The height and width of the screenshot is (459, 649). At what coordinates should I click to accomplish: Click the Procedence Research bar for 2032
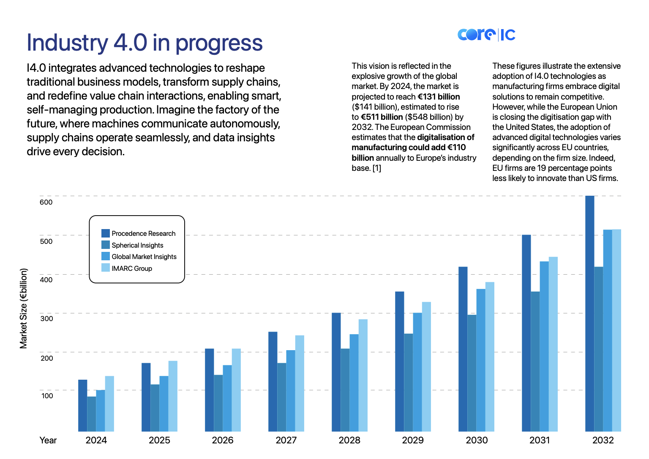click(589, 313)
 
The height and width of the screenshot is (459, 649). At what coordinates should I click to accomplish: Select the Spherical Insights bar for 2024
click(92, 414)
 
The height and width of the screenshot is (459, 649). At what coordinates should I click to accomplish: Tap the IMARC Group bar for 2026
click(236, 390)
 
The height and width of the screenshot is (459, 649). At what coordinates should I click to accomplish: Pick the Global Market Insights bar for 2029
click(417, 372)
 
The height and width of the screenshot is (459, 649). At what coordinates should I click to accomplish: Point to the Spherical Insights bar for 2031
click(535, 362)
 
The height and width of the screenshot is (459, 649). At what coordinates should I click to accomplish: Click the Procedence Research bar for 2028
click(336, 372)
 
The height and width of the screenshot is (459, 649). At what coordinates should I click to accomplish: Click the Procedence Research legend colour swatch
click(106, 233)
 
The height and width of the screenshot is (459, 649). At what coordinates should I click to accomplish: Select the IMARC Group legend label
click(132, 268)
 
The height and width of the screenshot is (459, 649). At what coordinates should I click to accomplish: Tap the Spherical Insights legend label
click(137, 245)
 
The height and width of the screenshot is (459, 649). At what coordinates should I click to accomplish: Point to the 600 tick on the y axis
click(46, 202)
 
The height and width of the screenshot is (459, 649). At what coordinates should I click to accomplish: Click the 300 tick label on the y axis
click(46, 319)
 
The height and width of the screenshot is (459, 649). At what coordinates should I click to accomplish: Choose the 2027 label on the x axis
click(286, 440)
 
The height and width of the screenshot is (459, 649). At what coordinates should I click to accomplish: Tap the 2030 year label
click(477, 440)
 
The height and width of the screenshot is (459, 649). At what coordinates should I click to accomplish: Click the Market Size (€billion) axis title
click(23, 308)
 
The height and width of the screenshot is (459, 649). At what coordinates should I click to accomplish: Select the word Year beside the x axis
click(48, 440)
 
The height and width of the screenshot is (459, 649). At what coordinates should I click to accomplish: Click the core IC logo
click(486, 35)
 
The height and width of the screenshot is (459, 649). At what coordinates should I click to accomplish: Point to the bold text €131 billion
click(439, 97)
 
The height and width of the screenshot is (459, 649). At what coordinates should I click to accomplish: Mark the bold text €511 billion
click(382, 117)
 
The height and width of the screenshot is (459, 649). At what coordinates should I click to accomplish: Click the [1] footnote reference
click(376, 168)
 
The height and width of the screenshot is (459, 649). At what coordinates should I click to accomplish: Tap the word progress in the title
click(219, 43)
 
